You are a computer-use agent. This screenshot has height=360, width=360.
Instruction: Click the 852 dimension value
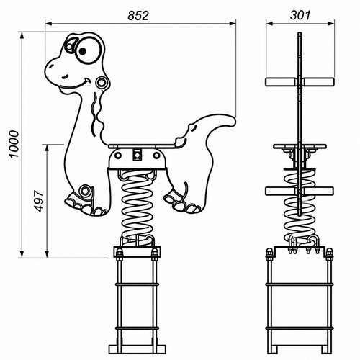[x=138, y=16]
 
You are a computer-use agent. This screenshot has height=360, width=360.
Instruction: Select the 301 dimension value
[x=300, y=15]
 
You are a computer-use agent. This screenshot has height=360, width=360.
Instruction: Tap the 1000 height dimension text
[x=14, y=144]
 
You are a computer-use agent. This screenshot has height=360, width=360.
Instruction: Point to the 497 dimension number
[x=39, y=201]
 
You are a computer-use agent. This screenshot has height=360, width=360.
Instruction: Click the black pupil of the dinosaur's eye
[x=82, y=51]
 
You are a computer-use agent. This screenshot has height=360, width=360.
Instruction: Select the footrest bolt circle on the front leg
[x=85, y=191]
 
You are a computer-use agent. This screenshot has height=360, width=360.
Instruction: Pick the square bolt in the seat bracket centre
[x=137, y=155]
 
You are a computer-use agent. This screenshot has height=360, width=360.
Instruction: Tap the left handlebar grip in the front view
[x=282, y=81]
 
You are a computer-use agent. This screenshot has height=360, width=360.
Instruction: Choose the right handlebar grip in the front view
[x=318, y=81]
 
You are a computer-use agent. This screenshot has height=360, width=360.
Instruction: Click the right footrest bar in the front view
[x=318, y=191]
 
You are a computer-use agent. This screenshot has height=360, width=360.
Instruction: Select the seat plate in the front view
[x=300, y=146]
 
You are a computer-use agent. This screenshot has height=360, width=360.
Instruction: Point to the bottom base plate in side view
[x=138, y=349]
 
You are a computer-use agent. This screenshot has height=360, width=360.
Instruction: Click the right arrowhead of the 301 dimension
[x=331, y=23]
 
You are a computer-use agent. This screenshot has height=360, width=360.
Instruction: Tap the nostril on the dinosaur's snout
[x=50, y=67]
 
